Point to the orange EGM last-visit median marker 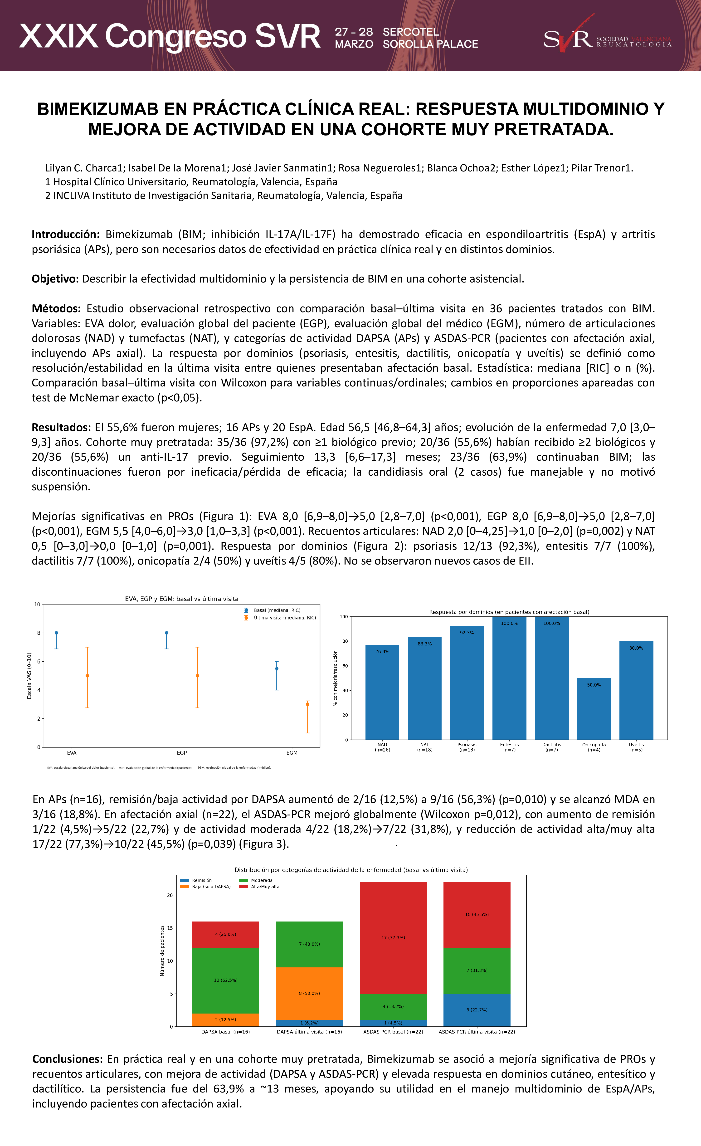click(307, 704)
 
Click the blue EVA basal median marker click(56, 633)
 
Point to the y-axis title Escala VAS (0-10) click(29, 675)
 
